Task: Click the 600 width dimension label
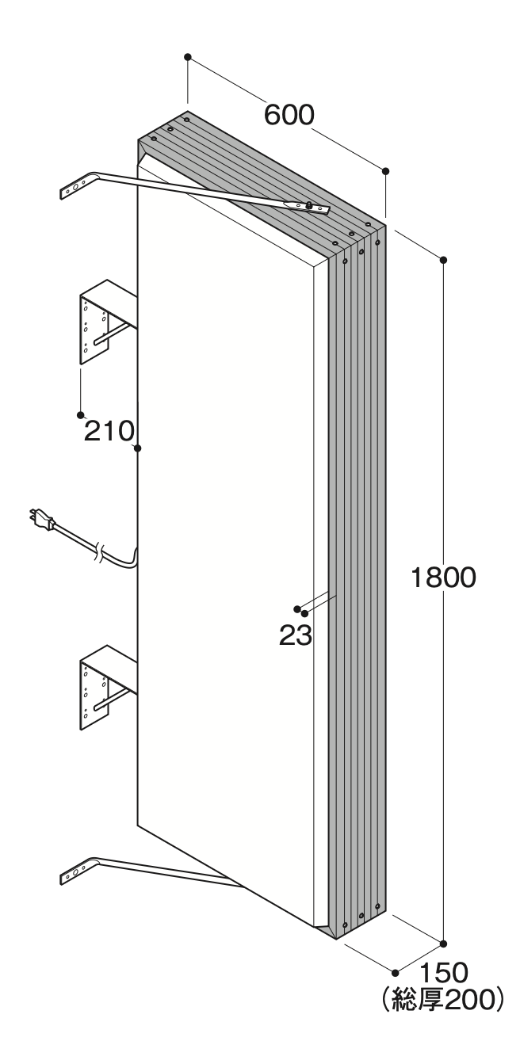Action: click(x=289, y=115)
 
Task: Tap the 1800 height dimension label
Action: click(x=443, y=578)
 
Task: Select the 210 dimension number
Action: click(x=109, y=431)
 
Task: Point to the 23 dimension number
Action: click(x=296, y=635)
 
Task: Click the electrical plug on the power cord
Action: click(x=41, y=519)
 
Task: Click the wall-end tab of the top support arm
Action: click(x=75, y=186)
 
